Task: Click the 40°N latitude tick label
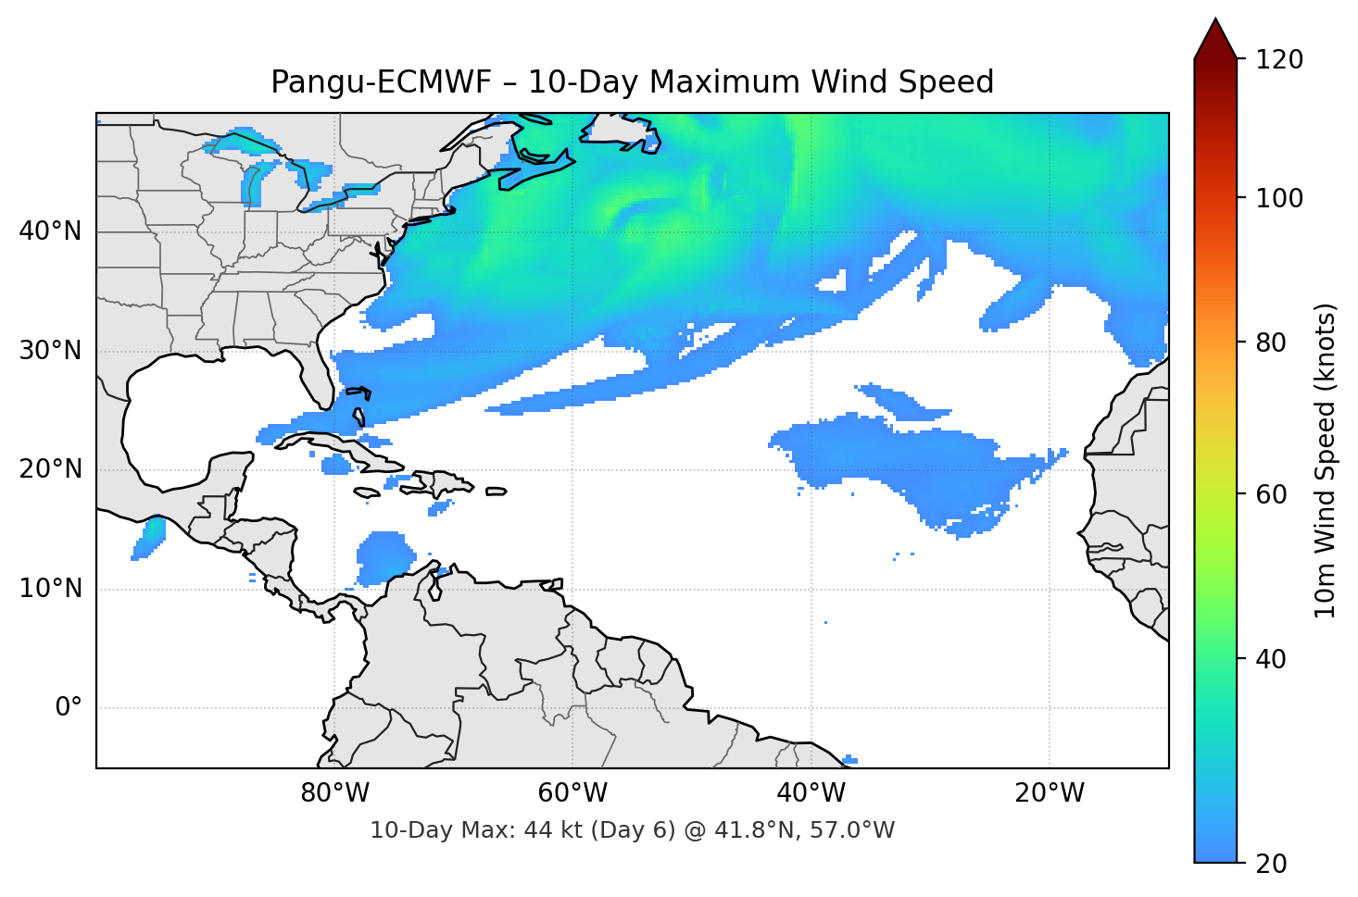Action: tap(50, 231)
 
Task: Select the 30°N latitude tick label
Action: tap(50, 351)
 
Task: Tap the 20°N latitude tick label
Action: tap(50, 469)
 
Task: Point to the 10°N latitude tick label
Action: tap(50, 589)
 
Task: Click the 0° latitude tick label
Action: tap(68, 708)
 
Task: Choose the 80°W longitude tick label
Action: tap(334, 793)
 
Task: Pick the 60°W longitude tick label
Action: tap(572, 793)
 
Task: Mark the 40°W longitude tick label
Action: tap(811, 793)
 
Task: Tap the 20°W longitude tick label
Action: tap(1050, 793)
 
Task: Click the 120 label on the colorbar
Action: tap(1279, 60)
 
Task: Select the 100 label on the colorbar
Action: tap(1279, 198)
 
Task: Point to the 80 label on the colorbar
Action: tap(1270, 343)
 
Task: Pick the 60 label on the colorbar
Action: tap(1270, 494)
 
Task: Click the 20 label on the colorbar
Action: tap(1270, 864)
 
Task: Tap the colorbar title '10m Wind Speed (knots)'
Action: tap(1326, 461)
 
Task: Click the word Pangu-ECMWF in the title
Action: tap(381, 82)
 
